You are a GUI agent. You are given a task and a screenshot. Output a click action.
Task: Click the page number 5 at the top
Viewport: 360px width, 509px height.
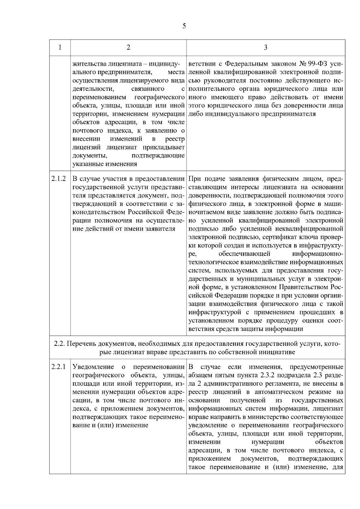coord(184,26)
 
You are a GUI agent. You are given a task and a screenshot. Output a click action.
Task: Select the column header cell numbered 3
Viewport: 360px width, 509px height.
coord(265,48)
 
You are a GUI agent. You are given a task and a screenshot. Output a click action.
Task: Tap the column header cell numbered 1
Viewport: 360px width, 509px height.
coord(60,48)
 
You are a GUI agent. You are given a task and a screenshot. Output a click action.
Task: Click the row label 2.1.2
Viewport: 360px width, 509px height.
coord(59,179)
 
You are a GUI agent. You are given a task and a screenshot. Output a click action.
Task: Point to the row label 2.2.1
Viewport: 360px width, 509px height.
coord(59,367)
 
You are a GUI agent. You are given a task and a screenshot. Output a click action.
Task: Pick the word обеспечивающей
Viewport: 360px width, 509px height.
coord(245,254)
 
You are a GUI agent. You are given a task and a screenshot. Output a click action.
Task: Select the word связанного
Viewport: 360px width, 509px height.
coord(148,89)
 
